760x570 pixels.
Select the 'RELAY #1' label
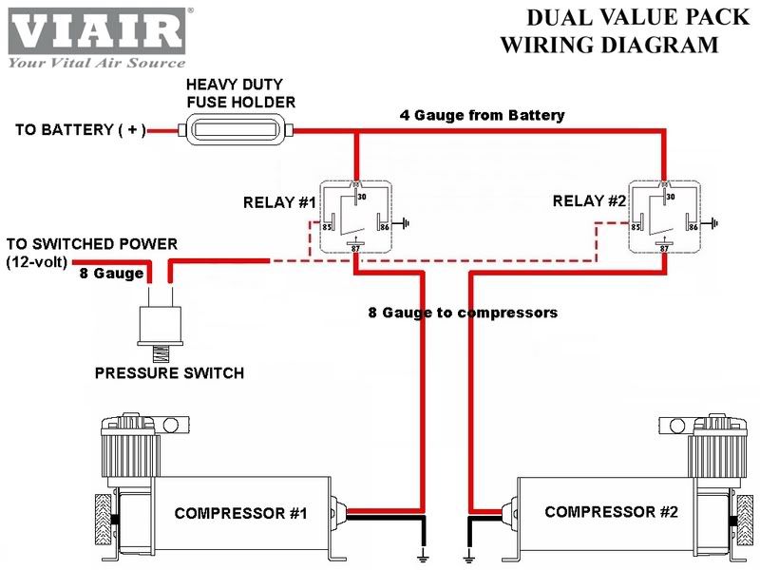(x=277, y=202)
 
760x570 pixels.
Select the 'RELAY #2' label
(x=589, y=201)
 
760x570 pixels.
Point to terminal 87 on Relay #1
(x=354, y=247)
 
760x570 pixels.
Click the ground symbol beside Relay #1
(x=406, y=225)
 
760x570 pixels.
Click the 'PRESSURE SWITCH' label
(x=169, y=373)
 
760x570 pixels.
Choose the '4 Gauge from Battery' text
(x=482, y=115)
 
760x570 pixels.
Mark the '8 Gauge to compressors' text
(x=463, y=312)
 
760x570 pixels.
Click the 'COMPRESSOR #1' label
(x=240, y=513)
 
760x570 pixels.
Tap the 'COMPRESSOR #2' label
(x=611, y=511)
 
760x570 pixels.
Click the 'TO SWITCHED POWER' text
(x=91, y=244)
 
